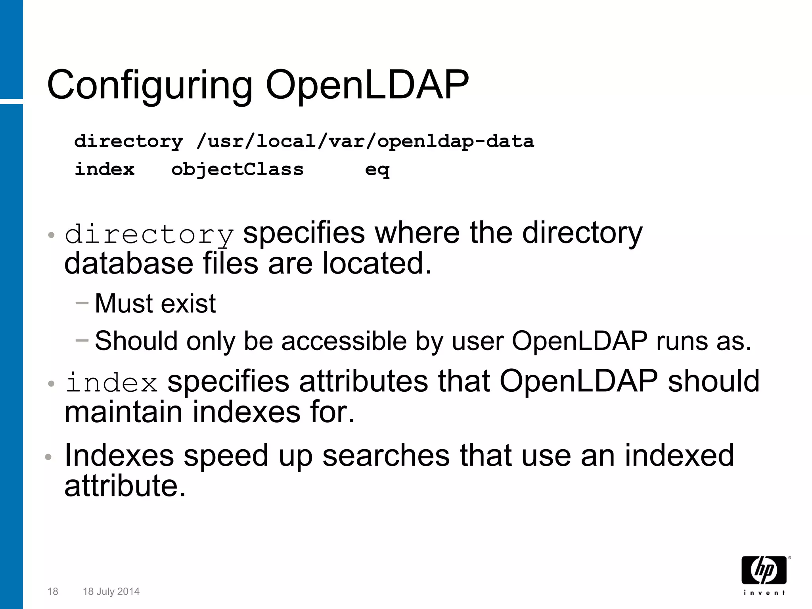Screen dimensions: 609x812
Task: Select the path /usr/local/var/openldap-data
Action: (x=365, y=142)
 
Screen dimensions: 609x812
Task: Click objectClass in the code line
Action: (x=237, y=170)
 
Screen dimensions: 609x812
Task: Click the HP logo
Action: (x=764, y=570)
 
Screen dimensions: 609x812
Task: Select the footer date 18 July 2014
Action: (x=111, y=592)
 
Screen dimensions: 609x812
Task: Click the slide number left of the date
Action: (x=52, y=592)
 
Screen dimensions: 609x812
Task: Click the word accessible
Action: (x=344, y=341)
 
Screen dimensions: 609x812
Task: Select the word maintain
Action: (x=123, y=412)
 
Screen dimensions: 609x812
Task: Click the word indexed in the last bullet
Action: (x=679, y=455)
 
